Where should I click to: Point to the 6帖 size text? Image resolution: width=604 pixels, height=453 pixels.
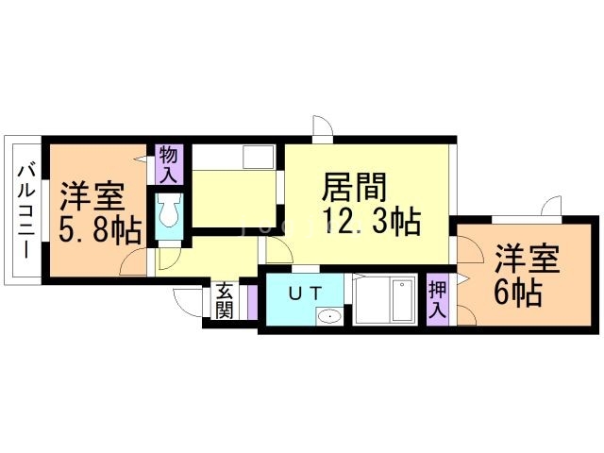point(517,293)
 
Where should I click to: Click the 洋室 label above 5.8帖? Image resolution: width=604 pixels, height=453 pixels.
point(92,197)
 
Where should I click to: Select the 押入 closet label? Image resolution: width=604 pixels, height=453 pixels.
point(437,298)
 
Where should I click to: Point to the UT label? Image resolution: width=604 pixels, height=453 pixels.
point(304,293)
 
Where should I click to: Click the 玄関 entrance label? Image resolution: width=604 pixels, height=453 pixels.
point(225,300)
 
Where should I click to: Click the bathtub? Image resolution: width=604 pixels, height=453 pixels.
point(388,301)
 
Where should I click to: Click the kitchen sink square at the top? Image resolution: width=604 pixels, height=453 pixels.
point(258,157)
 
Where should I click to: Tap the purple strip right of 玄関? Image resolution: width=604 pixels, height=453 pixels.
point(251,301)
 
